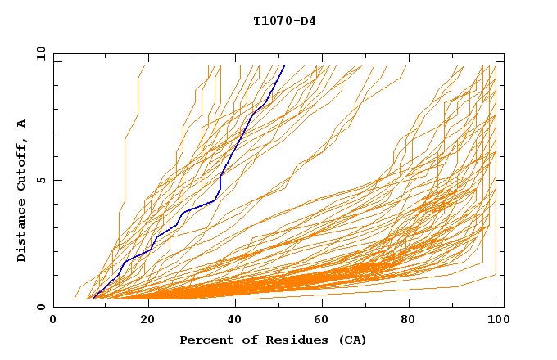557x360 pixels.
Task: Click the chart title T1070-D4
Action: (284, 20)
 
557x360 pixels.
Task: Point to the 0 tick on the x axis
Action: (53, 320)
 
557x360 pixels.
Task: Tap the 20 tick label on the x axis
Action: (147, 320)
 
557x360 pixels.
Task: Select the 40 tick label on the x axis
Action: (235, 320)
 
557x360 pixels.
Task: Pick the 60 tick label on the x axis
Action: (324, 320)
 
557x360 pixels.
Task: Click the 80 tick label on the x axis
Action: (412, 320)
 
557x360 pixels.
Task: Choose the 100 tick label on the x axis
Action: (497, 320)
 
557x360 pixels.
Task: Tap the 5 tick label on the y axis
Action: (40, 180)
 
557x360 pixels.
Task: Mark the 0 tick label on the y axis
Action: (40, 307)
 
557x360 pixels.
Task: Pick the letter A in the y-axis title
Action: (22, 123)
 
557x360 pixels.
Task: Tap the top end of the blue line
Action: (284, 66)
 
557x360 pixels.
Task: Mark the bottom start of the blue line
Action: (93, 298)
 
